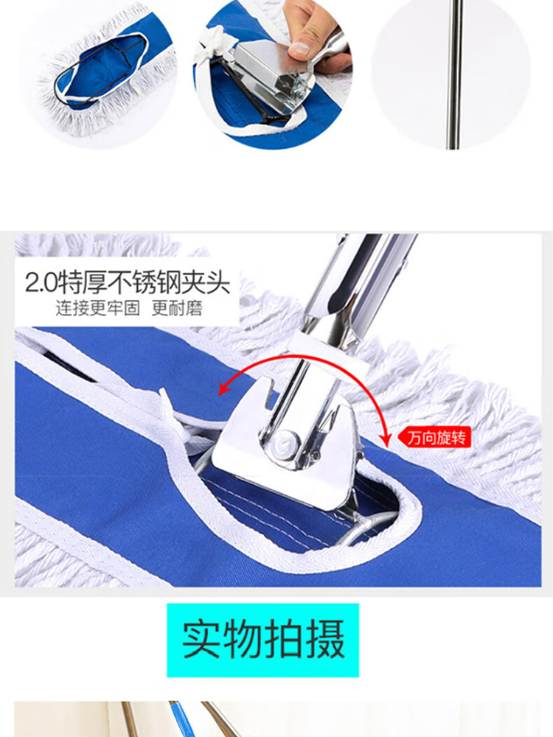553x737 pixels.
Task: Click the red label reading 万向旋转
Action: [x=434, y=438]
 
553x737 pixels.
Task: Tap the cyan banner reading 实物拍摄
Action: [x=263, y=640]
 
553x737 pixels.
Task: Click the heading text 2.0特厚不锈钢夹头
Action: [x=128, y=283]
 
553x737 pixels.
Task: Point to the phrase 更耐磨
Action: [x=177, y=308]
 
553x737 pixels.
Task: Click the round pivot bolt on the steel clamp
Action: [x=285, y=442]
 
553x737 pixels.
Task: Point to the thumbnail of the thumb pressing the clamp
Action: [x=272, y=74]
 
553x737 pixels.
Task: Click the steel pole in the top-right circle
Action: [x=455, y=74]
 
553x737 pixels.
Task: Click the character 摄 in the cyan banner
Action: [x=325, y=640]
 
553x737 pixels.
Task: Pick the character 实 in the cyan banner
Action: [x=201, y=640]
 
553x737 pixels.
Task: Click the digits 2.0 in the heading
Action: [x=41, y=284]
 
